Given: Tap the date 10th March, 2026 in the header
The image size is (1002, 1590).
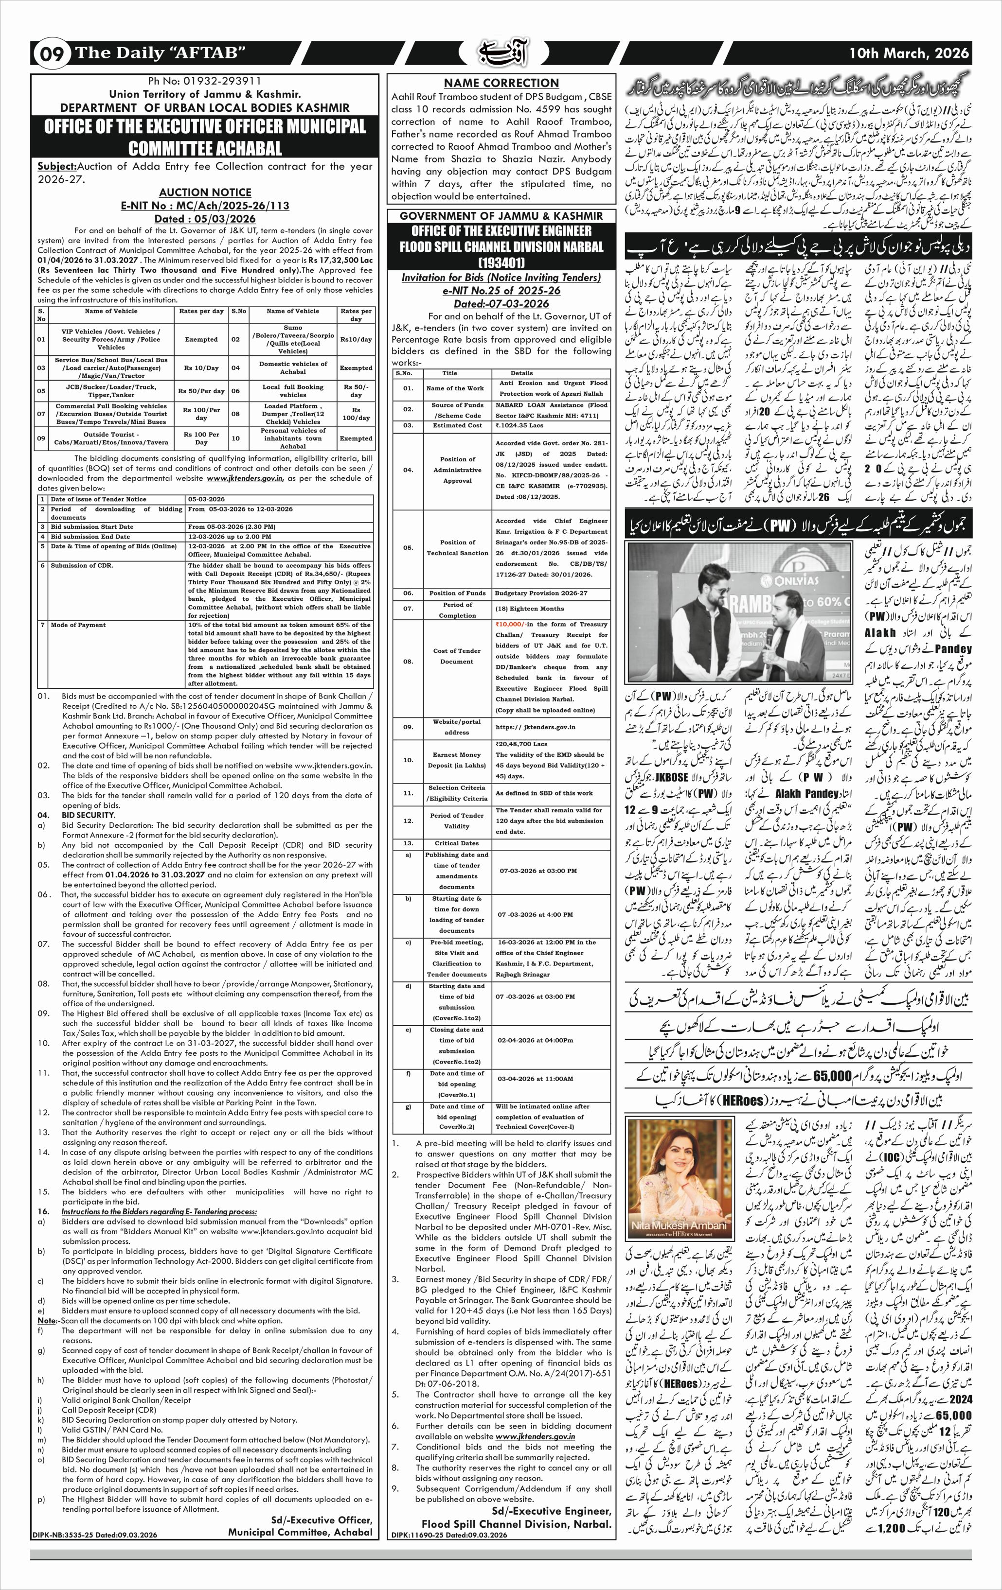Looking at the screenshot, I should click(910, 53).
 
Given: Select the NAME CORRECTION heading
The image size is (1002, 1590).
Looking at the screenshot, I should click(501, 83).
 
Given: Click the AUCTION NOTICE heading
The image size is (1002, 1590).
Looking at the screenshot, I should click(205, 192).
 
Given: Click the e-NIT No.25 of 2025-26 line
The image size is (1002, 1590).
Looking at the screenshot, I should click(501, 291).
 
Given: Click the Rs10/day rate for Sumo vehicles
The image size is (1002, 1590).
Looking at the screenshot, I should click(356, 339).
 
